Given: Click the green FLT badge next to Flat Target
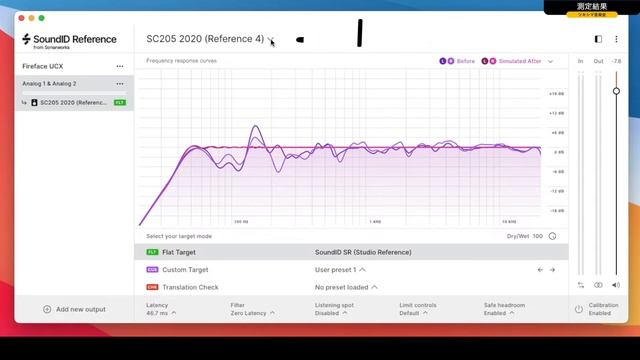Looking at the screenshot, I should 152,252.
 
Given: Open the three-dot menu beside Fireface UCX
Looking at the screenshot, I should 120,66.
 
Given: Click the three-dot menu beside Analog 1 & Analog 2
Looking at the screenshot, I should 120,84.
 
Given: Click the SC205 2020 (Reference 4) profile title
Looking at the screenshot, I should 205,39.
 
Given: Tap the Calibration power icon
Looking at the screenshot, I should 579,309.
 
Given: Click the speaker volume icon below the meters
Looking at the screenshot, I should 616,285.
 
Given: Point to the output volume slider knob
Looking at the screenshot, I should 616,91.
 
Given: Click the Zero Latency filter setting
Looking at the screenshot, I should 251,313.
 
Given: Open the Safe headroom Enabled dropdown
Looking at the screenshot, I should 502,313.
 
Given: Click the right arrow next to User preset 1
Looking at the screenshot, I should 551,269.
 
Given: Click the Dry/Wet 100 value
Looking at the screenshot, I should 537,236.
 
